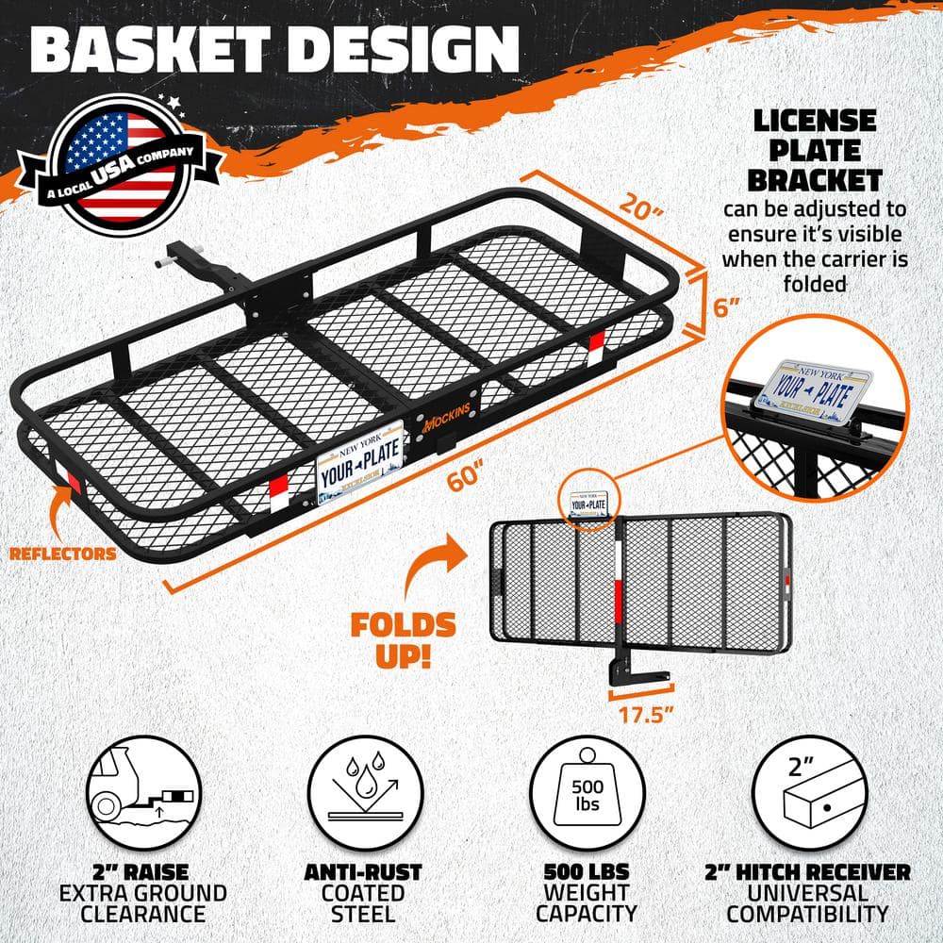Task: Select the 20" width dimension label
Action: point(641,206)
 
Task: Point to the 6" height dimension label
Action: point(726,307)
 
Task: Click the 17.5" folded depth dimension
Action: point(646,715)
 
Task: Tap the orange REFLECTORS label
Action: point(62,554)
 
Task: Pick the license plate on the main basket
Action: point(359,462)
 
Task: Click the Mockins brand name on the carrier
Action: point(446,416)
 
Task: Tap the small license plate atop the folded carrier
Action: point(588,504)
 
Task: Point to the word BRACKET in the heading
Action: point(815,180)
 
